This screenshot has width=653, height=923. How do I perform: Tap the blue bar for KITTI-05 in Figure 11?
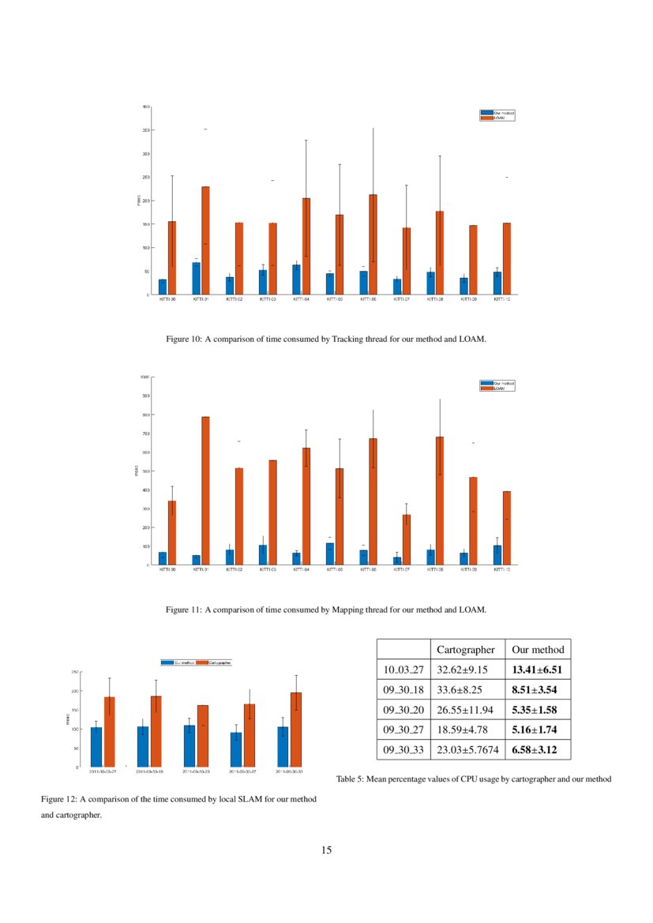pos(330,553)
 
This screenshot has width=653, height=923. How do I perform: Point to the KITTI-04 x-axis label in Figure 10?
pos(301,300)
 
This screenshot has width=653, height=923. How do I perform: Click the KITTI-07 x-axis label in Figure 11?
pos(401,570)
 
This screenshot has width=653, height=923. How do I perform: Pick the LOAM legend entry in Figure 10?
pos(499,118)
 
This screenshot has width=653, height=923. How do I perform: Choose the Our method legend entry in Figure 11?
pos(499,383)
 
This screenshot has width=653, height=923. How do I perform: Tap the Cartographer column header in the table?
pos(467,650)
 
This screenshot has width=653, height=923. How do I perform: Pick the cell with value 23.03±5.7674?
pos(467,749)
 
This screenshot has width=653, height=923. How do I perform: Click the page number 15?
pos(327,850)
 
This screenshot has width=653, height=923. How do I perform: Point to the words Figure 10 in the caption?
pos(183,339)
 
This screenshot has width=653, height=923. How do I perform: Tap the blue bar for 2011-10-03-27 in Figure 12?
pos(96,747)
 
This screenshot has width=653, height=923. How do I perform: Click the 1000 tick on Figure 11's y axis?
pos(145,377)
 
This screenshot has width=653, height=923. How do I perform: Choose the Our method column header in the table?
pos(539,650)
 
